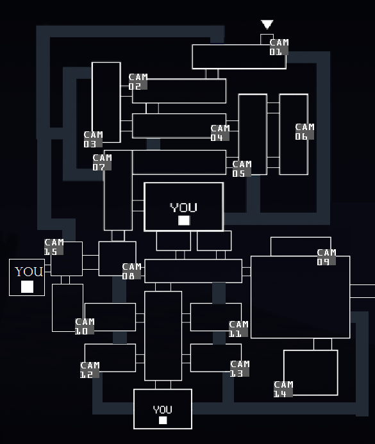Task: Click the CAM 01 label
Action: coord(279,47)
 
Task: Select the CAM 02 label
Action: coord(138,81)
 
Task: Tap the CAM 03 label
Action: coord(93,139)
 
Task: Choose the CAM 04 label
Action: coord(220,133)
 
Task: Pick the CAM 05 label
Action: coord(242,169)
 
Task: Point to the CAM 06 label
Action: coord(304,131)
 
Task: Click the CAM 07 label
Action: coord(102,162)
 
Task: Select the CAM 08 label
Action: coord(131,271)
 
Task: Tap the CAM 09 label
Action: coord(326,257)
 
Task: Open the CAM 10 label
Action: coord(85,326)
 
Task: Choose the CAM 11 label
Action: coord(238,329)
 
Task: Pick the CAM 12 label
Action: coord(90,370)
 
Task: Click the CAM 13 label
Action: coord(240,368)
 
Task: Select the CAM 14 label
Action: coord(283,389)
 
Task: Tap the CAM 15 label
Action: coord(54,247)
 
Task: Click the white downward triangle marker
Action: coord(267,24)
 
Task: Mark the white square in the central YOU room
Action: coord(184,220)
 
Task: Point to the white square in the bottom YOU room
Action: coord(163,420)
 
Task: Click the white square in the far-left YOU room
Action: coord(27,286)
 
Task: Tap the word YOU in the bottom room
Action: coord(163,410)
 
